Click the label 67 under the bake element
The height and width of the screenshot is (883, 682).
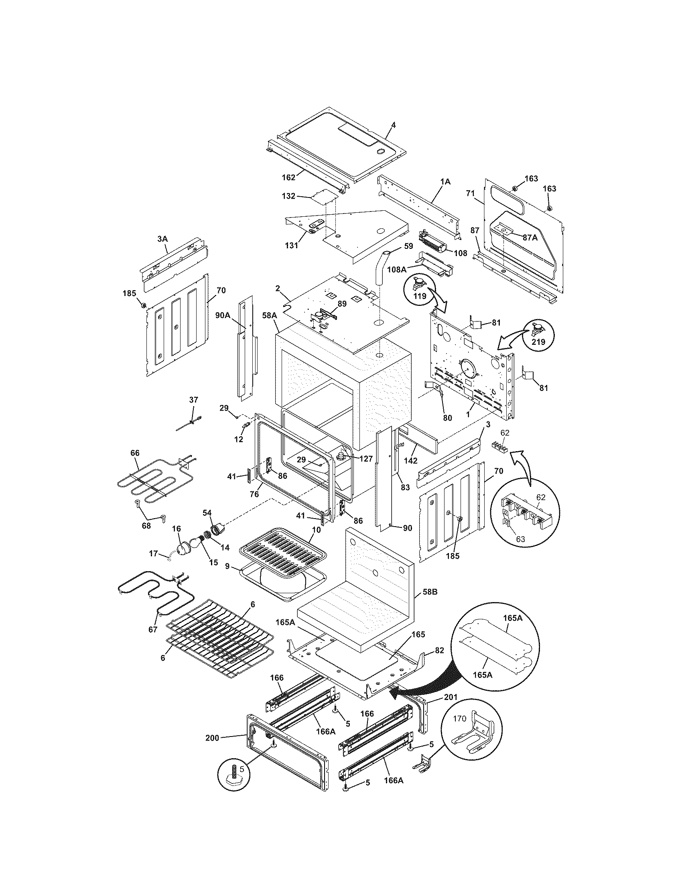153,629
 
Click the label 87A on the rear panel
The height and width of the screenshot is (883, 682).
530,238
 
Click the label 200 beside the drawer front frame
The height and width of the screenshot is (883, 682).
212,738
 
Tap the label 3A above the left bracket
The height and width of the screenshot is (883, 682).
162,239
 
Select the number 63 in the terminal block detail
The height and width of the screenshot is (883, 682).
521,539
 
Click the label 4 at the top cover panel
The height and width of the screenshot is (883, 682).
394,125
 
